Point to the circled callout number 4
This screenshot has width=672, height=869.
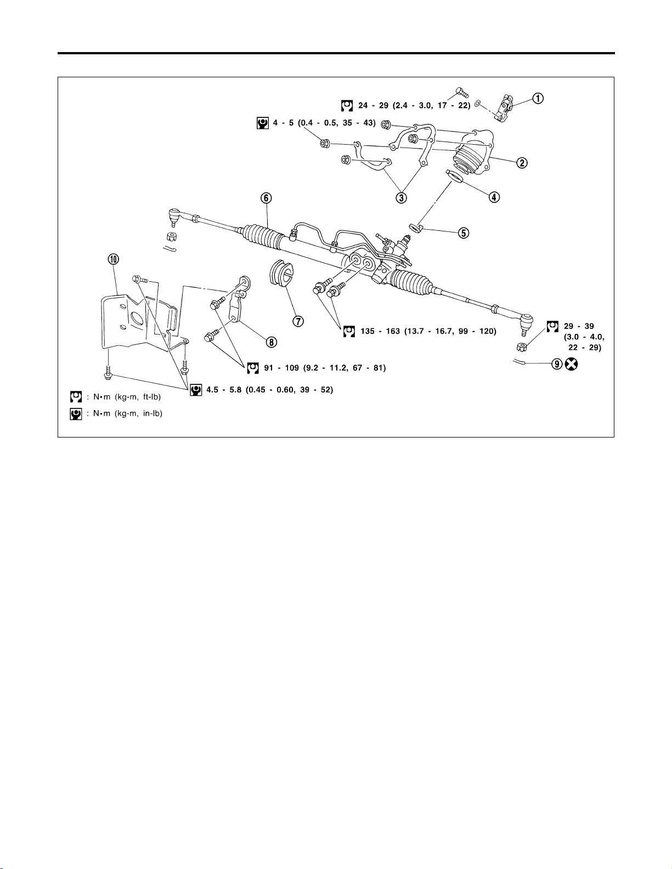pyautogui.click(x=494, y=197)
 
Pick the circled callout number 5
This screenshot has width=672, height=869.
pyautogui.click(x=464, y=232)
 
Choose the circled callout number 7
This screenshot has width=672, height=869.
pyautogui.click(x=298, y=321)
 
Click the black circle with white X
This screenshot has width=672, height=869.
pyautogui.click(x=572, y=364)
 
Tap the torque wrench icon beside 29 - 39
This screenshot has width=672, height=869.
pyautogui.click(x=552, y=327)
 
